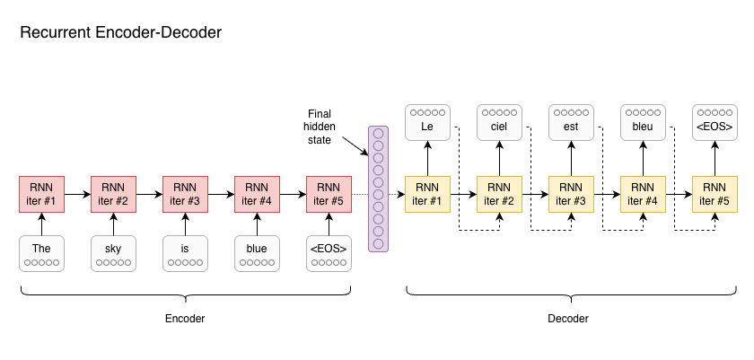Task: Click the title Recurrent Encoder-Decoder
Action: (120, 33)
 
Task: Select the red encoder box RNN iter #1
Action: (41, 194)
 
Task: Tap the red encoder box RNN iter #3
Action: (185, 194)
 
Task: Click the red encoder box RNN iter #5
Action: (329, 194)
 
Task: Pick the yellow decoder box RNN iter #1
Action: (427, 194)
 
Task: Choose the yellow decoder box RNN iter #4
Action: (643, 194)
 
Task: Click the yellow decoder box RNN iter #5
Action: (715, 194)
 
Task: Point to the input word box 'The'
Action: (41, 253)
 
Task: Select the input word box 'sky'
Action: (113, 253)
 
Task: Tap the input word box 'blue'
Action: (257, 253)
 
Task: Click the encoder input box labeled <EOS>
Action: (329, 253)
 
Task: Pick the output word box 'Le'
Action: (427, 122)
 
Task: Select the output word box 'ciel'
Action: (499, 122)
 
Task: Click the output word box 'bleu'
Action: (643, 122)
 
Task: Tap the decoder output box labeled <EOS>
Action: (715, 122)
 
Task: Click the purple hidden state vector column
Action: (378, 189)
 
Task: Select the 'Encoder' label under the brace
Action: (185, 319)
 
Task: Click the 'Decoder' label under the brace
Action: (568, 319)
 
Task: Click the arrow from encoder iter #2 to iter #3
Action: (149, 194)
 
